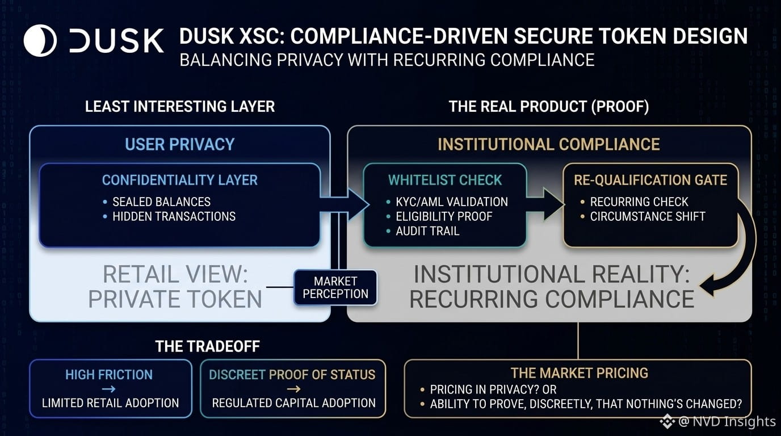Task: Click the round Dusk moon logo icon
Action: point(40,40)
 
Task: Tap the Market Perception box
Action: point(335,287)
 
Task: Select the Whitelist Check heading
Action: point(445,180)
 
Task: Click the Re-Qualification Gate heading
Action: point(650,180)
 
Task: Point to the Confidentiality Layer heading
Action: point(180,180)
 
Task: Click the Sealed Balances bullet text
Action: point(161,202)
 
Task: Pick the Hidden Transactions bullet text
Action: point(174,216)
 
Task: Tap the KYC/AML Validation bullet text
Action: point(452,202)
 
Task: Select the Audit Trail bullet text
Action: point(427,231)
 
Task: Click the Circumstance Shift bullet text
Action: point(648,216)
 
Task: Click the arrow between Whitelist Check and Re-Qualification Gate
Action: point(545,204)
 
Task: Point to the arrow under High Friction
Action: point(109,389)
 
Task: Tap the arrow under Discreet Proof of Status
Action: point(293,389)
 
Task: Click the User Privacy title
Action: point(180,144)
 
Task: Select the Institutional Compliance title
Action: point(549,144)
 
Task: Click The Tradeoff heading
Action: point(208,346)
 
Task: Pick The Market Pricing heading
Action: point(580,373)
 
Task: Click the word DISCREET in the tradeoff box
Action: point(237,375)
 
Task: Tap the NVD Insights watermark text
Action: point(727,421)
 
